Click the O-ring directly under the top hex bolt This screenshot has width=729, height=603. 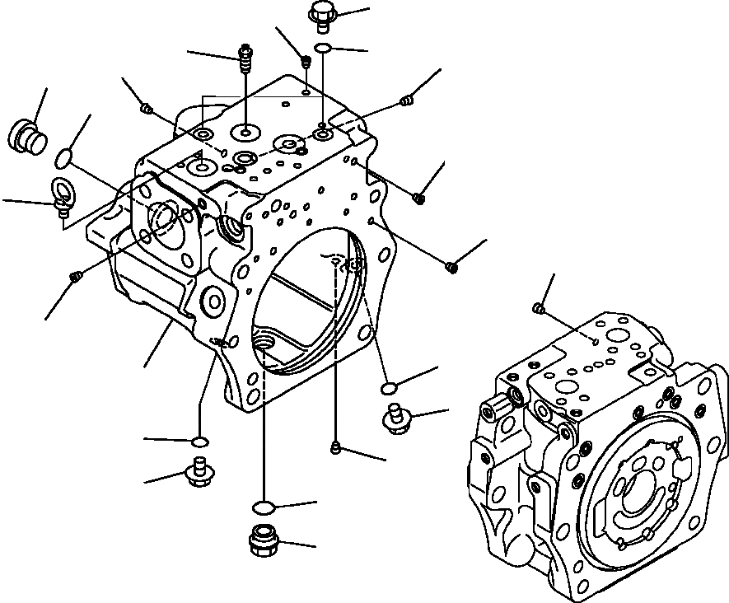(x=324, y=48)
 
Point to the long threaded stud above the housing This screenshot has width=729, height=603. (x=245, y=58)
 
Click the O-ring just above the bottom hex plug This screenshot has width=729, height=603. (x=263, y=506)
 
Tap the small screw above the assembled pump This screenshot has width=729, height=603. (x=539, y=308)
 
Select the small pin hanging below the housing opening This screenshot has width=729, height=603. (x=335, y=446)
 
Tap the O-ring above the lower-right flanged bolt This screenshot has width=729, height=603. (x=390, y=386)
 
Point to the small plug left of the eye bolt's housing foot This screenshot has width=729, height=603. (x=76, y=277)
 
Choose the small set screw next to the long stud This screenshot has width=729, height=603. (x=306, y=60)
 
